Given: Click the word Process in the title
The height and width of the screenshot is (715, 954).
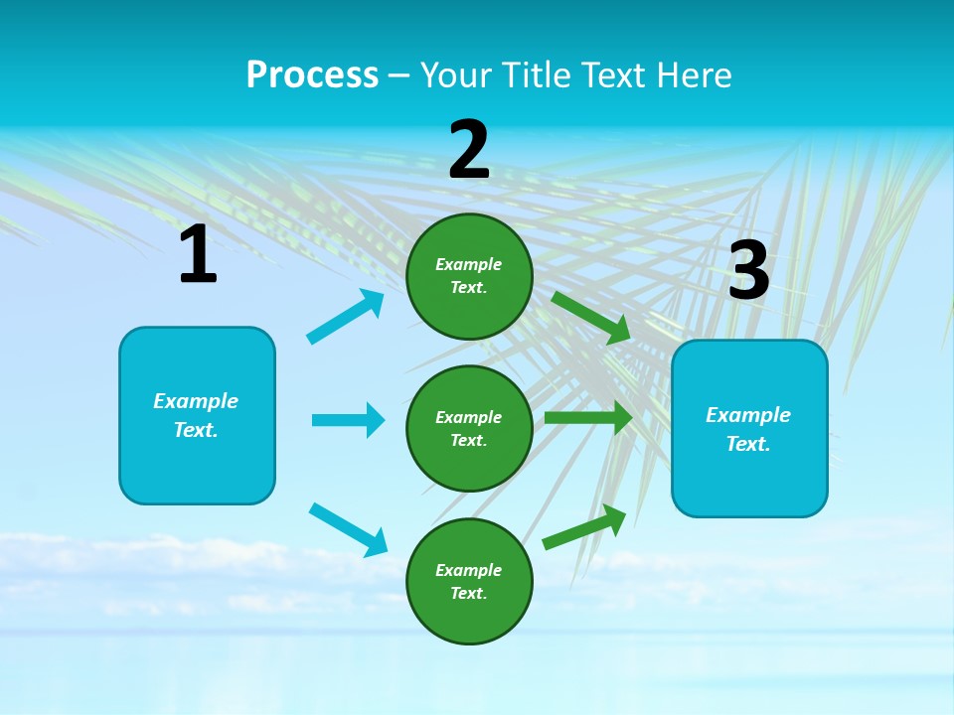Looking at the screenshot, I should [x=312, y=75].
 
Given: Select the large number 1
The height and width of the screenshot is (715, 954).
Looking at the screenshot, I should [x=198, y=255].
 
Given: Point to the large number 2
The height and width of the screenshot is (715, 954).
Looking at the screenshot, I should [x=469, y=151].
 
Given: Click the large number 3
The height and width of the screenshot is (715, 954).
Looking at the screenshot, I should [x=748, y=271].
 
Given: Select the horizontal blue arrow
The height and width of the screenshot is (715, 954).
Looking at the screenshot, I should [x=348, y=420].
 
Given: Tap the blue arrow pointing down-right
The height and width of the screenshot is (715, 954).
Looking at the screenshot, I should [x=348, y=529].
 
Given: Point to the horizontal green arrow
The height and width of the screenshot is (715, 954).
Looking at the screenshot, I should [x=587, y=418].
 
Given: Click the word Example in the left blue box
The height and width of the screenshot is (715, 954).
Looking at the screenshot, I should [x=196, y=401].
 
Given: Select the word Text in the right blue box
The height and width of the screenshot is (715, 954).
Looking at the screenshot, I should [x=748, y=444].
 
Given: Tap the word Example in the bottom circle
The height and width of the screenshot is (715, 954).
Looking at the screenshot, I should [x=469, y=570].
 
